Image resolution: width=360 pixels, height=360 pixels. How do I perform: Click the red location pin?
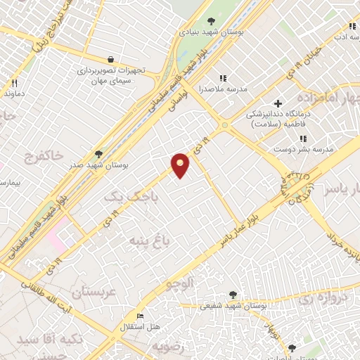(x=181, y=164)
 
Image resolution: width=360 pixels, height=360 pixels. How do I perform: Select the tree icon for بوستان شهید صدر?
(x=98, y=153)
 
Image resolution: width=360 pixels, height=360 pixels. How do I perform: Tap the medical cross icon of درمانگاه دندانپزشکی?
(x=278, y=103)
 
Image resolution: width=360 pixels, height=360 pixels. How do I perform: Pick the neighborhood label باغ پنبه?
(x=148, y=241)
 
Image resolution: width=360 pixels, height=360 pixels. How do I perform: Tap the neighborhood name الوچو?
(x=179, y=285)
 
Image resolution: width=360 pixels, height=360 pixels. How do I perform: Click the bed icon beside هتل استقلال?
(x=140, y=317)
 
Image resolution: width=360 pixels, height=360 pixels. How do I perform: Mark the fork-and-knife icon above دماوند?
(x=13, y=82)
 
